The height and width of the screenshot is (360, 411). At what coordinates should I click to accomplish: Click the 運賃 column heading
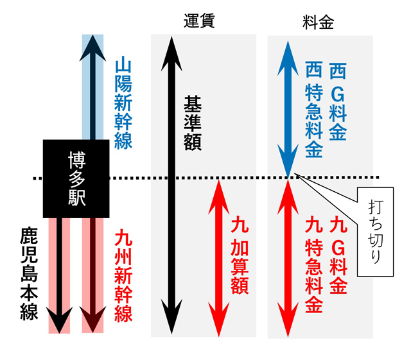click(198, 21)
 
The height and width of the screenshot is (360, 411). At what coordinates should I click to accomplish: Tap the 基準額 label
click(192, 123)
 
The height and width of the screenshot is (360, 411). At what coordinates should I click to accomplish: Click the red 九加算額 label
click(239, 255)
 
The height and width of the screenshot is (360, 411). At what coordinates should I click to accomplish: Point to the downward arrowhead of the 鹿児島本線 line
click(60, 321)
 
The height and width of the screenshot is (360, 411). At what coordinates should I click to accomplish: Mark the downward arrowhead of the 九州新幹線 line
click(94, 321)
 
